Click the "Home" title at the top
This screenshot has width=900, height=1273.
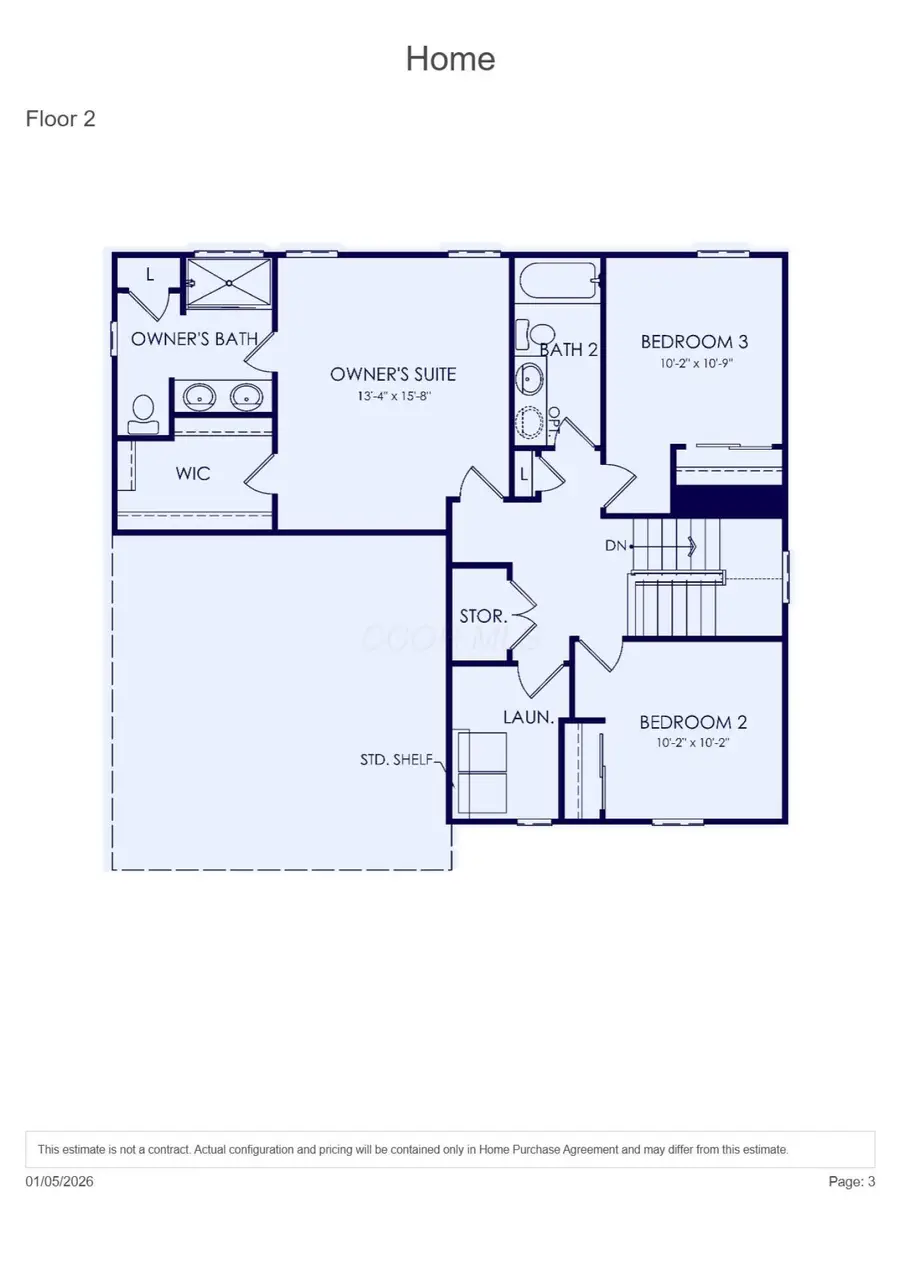tap(450, 59)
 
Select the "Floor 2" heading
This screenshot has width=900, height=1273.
tap(60, 119)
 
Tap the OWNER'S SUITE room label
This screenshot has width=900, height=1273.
tap(393, 374)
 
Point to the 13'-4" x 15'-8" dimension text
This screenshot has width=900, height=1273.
tap(393, 396)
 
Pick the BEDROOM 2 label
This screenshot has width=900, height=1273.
tap(693, 722)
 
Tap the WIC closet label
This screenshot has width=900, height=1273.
tap(193, 473)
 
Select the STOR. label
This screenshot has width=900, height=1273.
tap(483, 616)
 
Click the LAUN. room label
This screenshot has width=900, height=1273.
tap(529, 716)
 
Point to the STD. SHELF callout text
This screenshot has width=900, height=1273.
tap(396, 759)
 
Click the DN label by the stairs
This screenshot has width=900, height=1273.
tap(615, 546)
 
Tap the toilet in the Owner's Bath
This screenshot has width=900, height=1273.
tap(143, 411)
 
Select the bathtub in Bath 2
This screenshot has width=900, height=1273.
tap(558, 281)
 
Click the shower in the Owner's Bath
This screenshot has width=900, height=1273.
tap(229, 283)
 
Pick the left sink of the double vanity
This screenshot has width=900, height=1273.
tap(199, 397)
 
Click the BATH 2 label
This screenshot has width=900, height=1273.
tap(568, 350)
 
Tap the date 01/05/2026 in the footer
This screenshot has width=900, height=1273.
tap(60, 1181)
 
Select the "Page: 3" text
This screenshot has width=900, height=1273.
tap(851, 1181)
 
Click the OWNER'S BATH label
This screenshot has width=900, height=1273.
tap(194, 339)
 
